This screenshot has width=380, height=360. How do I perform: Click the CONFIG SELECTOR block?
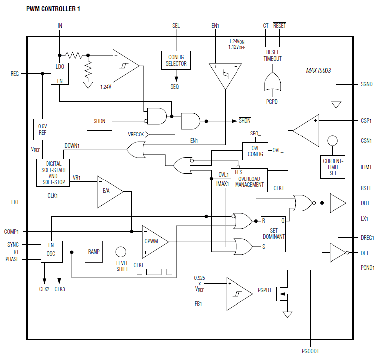(176, 60)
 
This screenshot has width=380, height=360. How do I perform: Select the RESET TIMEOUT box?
(273, 56)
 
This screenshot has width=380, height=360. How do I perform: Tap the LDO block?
(60, 73)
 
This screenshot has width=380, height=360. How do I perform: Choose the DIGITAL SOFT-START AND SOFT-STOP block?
(53, 173)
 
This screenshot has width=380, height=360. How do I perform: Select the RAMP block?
(94, 251)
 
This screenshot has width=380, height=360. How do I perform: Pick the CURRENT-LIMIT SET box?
(333, 166)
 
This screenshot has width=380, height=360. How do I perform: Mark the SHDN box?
(99, 120)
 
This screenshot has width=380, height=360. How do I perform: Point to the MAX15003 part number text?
(318, 71)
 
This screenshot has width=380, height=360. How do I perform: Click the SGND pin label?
(367, 85)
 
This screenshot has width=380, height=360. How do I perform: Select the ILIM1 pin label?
(367, 167)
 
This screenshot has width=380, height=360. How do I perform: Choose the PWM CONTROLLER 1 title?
(53, 10)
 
